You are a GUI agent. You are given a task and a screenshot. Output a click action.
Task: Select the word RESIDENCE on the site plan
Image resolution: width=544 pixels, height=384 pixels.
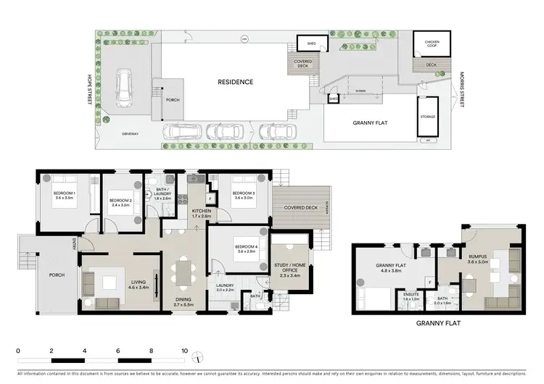click(x=236, y=82)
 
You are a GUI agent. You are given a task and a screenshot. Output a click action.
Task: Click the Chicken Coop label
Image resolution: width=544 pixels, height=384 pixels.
click(x=432, y=43)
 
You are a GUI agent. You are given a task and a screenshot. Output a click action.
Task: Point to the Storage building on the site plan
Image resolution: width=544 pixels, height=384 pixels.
click(x=427, y=116)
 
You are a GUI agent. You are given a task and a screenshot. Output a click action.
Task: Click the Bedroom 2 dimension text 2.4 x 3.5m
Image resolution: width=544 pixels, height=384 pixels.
click(x=120, y=205)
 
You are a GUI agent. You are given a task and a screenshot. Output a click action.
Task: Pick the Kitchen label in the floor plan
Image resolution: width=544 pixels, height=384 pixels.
click(x=201, y=212)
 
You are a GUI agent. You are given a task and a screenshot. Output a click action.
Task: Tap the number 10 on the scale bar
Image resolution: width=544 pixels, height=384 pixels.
click(x=184, y=350)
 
